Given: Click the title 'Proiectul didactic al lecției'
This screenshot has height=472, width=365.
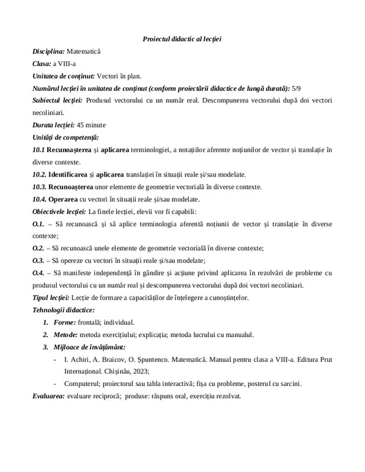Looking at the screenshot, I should tap(182, 39).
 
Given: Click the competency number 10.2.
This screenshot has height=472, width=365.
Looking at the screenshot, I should tap(39, 175).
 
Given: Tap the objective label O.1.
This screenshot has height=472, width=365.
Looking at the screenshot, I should tap(37, 224).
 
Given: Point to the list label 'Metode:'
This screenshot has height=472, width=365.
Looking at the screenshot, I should tap(67, 335).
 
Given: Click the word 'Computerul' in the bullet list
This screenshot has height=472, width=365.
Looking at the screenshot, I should tap(82, 384).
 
